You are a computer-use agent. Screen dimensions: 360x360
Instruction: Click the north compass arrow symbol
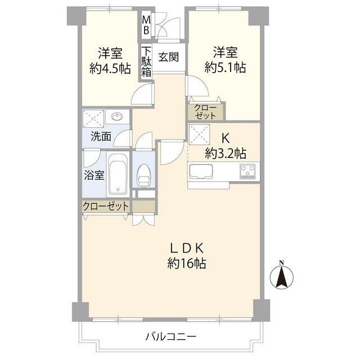282,276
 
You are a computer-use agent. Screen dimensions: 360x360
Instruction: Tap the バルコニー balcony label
171,337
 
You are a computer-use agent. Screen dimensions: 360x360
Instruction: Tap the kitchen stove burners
247,170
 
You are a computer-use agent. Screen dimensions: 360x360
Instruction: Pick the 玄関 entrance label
168,57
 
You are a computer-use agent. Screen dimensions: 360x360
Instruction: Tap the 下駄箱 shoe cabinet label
146,62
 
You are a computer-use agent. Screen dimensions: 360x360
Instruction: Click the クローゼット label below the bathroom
106,206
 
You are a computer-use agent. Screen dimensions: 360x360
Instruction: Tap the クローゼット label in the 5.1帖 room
205,111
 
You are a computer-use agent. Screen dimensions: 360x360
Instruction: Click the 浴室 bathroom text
94,174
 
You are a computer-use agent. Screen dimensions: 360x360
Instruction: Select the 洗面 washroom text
101,136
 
